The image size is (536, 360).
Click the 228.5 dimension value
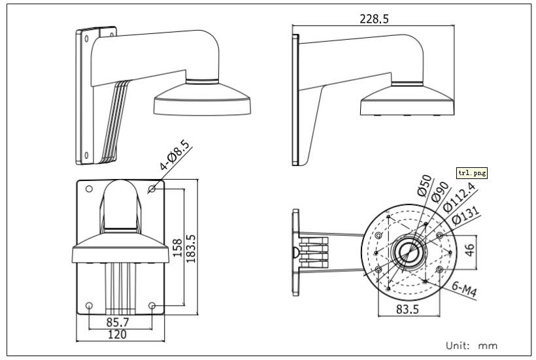pos(374,20)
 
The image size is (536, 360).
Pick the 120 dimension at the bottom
pos(119,335)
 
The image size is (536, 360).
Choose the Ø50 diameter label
pos(424,186)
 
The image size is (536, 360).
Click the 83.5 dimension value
pos(407,309)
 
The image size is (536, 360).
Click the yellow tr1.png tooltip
pos(472,173)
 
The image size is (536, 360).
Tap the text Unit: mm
pos(471,345)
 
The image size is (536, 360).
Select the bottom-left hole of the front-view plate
pos(89,305)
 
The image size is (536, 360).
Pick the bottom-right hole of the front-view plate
pos(152,305)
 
